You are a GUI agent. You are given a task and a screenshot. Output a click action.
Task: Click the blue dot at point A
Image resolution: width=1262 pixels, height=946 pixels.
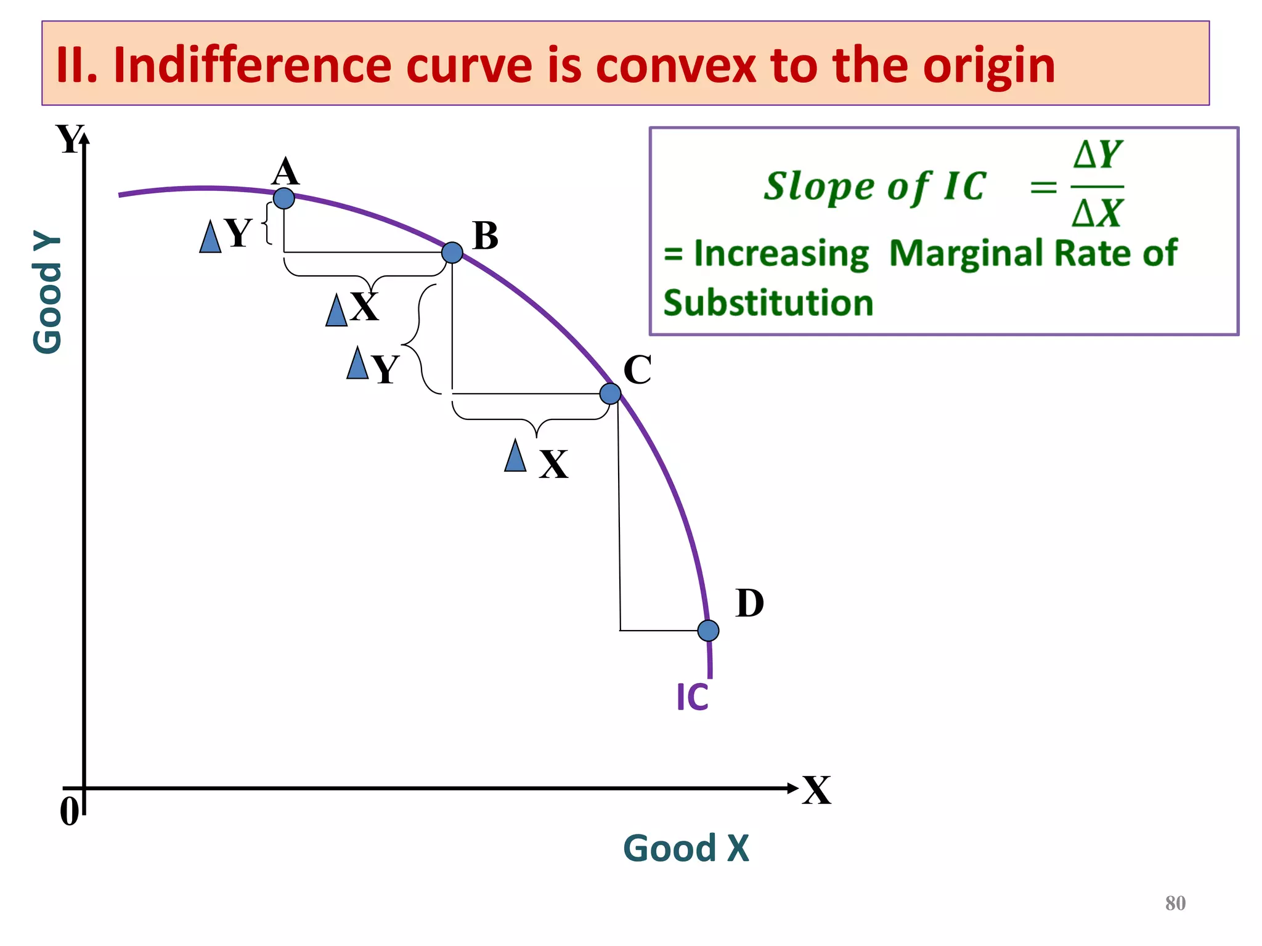pos(284,198)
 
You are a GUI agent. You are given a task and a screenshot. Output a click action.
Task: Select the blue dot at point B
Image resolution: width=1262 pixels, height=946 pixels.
pos(452,253)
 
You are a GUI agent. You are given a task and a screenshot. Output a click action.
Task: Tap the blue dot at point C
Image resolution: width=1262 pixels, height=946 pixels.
pos(610,394)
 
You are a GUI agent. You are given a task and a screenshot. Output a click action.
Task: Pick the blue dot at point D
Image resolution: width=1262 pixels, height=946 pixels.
pos(708,631)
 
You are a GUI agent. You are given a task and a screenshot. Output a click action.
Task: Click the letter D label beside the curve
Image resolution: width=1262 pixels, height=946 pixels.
pos(749,604)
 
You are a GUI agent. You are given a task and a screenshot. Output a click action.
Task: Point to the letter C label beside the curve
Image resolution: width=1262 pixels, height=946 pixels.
pos(637,370)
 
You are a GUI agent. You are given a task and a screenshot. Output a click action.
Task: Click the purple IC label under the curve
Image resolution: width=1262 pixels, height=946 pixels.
pos(693,698)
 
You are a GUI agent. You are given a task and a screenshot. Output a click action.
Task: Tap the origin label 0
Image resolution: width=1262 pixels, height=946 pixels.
pos(69,811)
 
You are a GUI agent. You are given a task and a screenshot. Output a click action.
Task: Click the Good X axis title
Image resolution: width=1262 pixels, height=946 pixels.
pos(686,848)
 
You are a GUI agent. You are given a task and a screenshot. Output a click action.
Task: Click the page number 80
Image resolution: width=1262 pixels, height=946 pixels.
pos(1175,904)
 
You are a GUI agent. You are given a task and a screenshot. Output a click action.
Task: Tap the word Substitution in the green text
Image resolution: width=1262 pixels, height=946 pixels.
pos(768,303)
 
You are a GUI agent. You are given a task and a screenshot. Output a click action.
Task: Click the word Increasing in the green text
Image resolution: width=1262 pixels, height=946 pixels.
pos(781,253)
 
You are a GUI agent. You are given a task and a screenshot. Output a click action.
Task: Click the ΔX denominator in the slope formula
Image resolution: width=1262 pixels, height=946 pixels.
pos(1097,214)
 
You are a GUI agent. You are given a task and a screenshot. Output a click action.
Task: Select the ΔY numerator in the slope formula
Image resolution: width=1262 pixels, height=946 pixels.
pos(1097,155)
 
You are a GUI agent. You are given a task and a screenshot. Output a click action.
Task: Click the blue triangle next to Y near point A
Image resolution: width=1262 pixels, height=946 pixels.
pos(210,237)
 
